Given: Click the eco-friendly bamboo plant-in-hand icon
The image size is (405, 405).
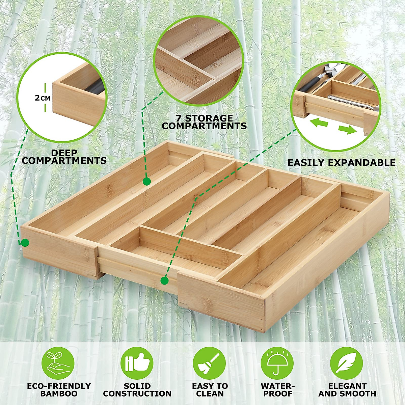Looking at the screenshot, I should click(x=58, y=363).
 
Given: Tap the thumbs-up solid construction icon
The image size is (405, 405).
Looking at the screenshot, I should click(x=137, y=363).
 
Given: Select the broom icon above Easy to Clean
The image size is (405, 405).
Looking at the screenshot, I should click(x=209, y=363).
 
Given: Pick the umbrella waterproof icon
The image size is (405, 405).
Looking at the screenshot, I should click(x=277, y=363).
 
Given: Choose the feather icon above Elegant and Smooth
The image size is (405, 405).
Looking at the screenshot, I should click(x=347, y=363).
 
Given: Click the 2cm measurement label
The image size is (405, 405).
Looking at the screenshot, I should click(x=43, y=98).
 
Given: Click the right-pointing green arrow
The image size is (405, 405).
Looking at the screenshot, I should click(x=347, y=129).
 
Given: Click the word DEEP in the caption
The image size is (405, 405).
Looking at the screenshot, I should click(x=64, y=153).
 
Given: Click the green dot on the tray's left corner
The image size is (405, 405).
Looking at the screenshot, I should click(x=25, y=242).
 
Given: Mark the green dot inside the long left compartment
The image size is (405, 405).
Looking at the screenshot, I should click(x=146, y=182).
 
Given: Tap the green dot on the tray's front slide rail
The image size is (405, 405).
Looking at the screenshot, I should click(x=164, y=280).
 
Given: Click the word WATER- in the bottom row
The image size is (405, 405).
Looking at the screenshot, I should click(x=278, y=386).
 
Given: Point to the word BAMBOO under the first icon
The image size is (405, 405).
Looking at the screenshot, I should click(x=59, y=394).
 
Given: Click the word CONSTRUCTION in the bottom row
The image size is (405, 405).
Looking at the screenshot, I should click(x=137, y=394).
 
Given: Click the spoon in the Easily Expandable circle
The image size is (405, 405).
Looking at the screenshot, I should click(x=324, y=72).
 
